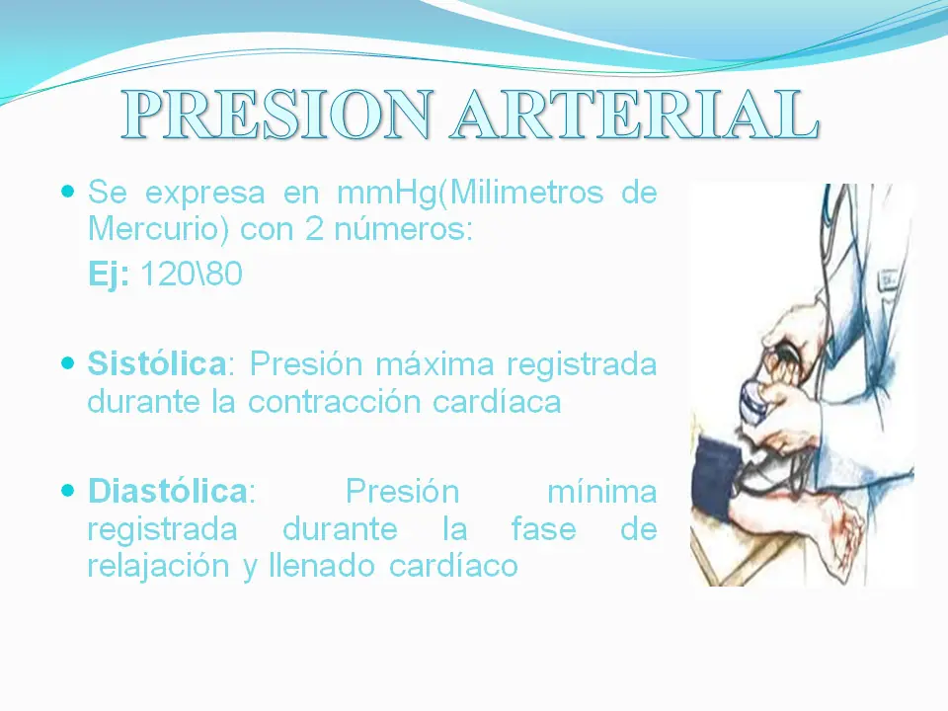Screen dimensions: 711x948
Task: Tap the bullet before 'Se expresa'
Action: (x=67, y=190)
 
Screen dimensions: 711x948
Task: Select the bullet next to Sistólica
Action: (x=67, y=363)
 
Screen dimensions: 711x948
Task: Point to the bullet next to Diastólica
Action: (x=67, y=489)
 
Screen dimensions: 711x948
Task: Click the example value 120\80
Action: (x=191, y=275)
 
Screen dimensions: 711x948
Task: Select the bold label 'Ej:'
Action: (x=109, y=275)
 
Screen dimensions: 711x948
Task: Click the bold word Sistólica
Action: (x=157, y=364)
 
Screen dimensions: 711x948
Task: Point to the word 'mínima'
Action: (x=600, y=490)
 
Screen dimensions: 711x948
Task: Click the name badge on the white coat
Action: (x=888, y=280)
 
